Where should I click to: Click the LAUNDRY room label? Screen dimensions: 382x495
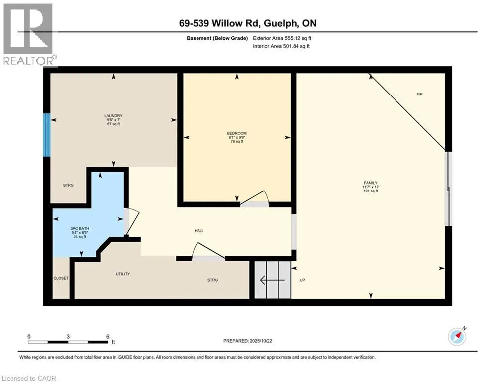(x=113, y=116)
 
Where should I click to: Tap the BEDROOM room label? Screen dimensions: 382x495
(x=237, y=133)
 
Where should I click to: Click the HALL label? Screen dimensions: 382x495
(x=199, y=231)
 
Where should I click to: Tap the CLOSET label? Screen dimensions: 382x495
(x=61, y=278)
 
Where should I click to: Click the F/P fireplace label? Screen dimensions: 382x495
(x=419, y=94)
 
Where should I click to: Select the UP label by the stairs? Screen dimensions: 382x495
(x=302, y=280)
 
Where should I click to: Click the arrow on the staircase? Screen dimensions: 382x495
(x=271, y=280)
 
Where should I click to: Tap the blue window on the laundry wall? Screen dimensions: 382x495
(x=46, y=135)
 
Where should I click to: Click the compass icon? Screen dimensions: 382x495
(x=456, y=337)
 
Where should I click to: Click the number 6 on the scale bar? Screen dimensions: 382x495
(x=107, y=336)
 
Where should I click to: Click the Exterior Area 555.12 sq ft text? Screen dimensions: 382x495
(x=282, y=38)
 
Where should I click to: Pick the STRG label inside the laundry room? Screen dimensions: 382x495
(x=68, y=185)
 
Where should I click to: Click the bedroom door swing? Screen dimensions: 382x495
(x=255, y=199)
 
